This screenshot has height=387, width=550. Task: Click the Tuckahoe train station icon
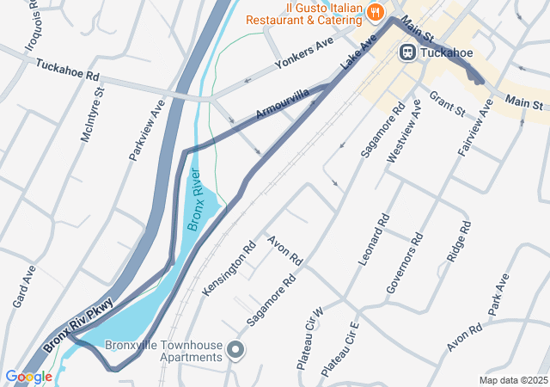407,52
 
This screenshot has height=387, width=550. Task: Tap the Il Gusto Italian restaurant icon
375,12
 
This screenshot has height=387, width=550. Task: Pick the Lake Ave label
358,52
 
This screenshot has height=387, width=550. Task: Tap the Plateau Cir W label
309,338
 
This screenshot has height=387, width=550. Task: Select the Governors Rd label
405,263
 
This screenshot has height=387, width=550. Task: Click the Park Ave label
498,294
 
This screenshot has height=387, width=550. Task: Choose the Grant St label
447,105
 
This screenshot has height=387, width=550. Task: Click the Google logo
28,376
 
